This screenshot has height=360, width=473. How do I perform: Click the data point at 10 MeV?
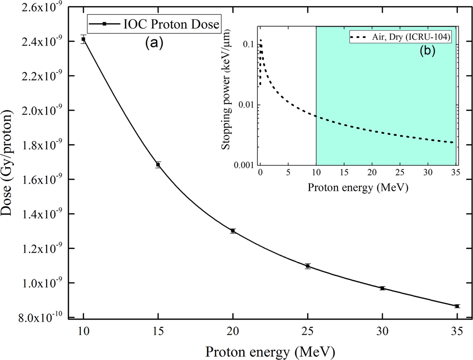pos(84,39)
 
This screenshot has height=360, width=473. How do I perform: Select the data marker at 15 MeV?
pos(158,165)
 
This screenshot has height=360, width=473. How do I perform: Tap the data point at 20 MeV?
pos(233,231)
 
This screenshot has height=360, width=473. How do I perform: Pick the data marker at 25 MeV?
pos(308,266)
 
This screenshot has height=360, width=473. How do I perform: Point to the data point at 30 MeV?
pos(382,288)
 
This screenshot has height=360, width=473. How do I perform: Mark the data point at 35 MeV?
pos(457,306)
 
